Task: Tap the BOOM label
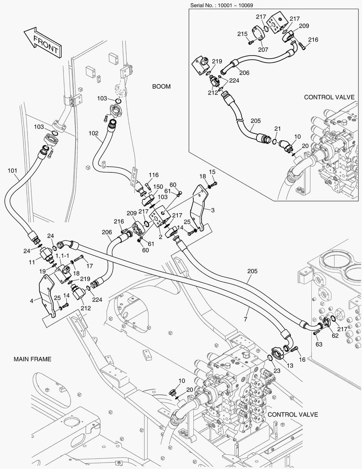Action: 161,86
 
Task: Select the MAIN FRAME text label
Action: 33,359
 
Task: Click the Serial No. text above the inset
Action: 222,5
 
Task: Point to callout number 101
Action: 12,171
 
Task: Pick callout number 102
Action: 94,133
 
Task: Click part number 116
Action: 153,175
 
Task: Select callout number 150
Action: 158,187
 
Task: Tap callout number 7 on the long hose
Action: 245,320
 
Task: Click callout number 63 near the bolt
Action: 319,344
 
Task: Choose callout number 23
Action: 277,370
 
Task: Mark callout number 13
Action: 290,366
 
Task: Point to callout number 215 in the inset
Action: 242,34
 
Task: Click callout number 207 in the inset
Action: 263,50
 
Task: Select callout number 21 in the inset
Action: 277,129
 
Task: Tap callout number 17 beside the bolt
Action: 90,266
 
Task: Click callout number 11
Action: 32,262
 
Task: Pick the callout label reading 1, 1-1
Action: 62,256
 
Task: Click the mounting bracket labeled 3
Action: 199,208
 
